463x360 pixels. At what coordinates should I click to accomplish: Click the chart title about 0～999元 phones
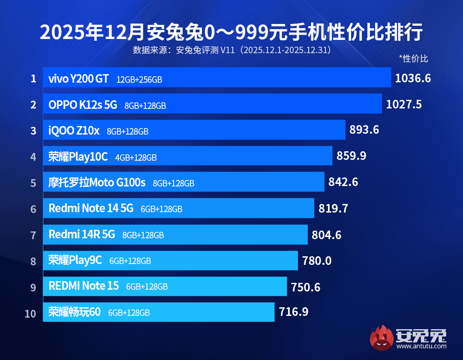pos(231,33)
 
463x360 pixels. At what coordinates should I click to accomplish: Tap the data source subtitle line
pos(231,50)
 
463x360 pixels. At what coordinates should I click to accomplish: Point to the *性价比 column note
pos(413,59)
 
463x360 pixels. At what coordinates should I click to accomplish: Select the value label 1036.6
pos(412,78)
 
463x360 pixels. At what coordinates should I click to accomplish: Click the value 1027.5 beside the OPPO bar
pos(404,104)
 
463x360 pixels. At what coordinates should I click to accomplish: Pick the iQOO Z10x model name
pos(74,130)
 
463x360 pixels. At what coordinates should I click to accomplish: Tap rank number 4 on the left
pos(33,156)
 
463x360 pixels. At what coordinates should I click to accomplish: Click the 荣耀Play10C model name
pos(78,157)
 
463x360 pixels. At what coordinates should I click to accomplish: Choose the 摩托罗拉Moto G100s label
pos(97,183)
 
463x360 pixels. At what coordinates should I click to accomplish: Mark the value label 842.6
pos(343,182)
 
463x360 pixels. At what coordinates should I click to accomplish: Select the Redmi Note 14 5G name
pos(91,208)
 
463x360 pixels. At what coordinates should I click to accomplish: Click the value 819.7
pos(333,209)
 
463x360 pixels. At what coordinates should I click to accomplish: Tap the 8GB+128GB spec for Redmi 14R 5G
pos(143,235)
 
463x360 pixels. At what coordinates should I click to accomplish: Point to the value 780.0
pos(317,261)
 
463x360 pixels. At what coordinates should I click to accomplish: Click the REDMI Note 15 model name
pos(84,286)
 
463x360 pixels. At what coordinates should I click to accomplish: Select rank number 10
pos(30,313)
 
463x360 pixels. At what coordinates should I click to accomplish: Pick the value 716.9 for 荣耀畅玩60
pos(294,312)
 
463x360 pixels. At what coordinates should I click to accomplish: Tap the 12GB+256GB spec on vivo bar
pos(139,79)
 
